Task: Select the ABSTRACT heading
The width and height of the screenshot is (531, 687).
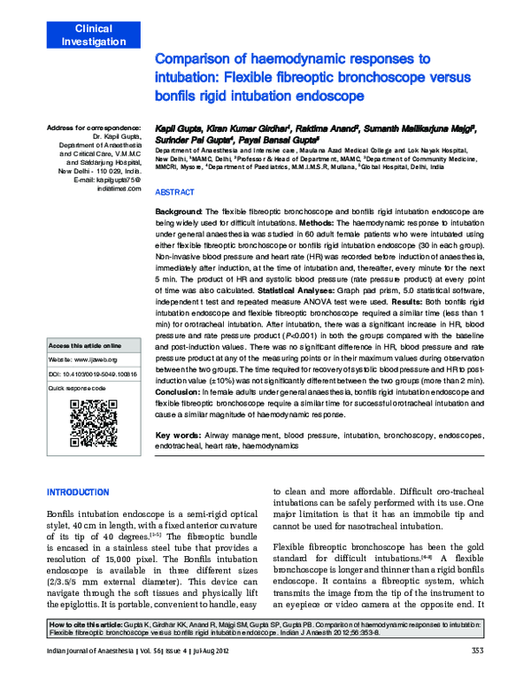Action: coord(175,192)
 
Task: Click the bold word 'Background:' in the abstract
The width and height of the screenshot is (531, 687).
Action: coord(180,213)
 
